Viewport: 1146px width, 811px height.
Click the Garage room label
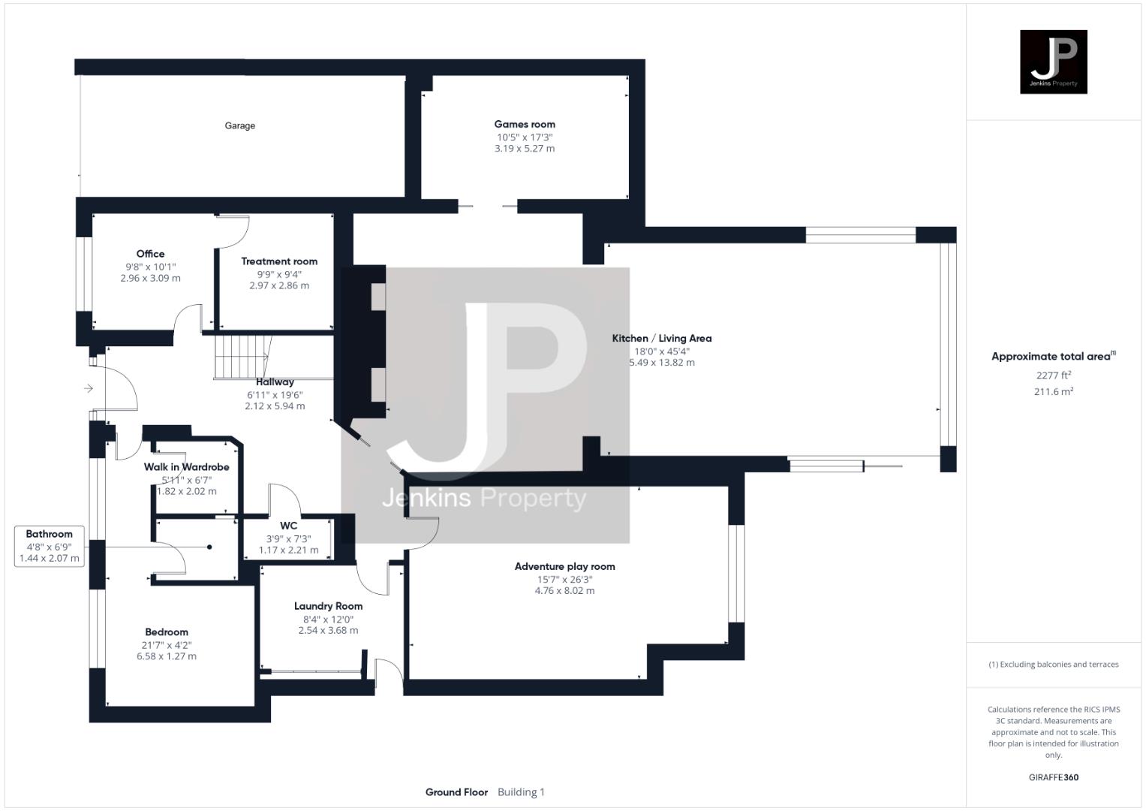click(x=239, y=125)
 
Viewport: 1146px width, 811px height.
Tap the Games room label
click(x=525, y=124)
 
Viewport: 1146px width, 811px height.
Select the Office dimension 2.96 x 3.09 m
click(x=150, y=278)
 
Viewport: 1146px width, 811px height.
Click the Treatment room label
click(x=279, y=261)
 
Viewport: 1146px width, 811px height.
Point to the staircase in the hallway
click(x=242, y=356)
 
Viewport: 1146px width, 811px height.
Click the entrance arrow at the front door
click(x=89, y=388)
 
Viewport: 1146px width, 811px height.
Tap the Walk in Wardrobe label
click(x=186, y=467)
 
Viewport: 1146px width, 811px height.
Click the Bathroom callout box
click(x=50, y=546)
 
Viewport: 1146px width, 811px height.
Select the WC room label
click(x=288, y=526)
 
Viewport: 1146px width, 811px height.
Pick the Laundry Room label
click(x=328, y=606)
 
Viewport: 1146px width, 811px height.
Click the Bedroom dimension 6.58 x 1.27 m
click(x=167, y=656)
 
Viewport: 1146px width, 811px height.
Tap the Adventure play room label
click(x=564, y=566)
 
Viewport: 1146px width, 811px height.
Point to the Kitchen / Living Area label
click(x=661, y=338)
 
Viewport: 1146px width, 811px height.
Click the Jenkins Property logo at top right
click(x=1053, y=62)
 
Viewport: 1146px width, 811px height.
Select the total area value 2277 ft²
click(x=1053, y=375)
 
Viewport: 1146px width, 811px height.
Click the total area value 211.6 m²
click(x=1053, y=392)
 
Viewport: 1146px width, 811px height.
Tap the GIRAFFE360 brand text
click(x=1053, y=777)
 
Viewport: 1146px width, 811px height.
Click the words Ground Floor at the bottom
click(x=456, y=792)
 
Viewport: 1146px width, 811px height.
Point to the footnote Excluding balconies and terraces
click(x=1053, y=665)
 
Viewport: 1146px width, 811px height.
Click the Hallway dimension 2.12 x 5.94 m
click(x=275, y=406)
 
